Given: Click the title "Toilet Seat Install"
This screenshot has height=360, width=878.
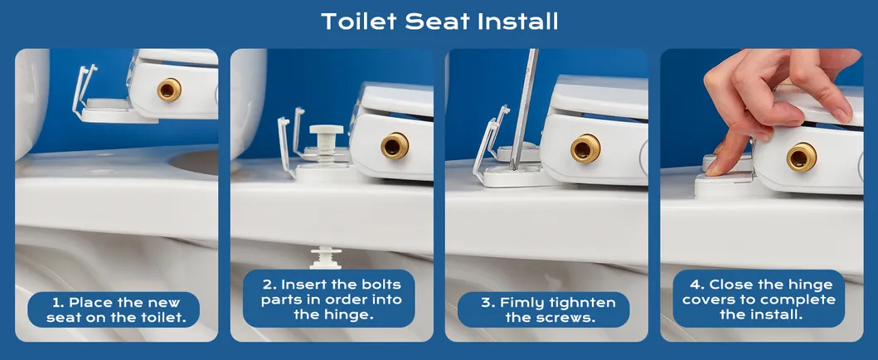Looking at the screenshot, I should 439,22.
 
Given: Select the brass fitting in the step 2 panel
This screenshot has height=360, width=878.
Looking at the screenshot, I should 394,146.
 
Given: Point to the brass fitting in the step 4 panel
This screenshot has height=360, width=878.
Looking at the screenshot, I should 801,156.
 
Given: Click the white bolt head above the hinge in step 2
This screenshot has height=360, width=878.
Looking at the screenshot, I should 325,133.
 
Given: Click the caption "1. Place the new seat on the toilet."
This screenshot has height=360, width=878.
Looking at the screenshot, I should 116,310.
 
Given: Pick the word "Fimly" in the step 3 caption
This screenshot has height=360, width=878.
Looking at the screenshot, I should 522,303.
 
